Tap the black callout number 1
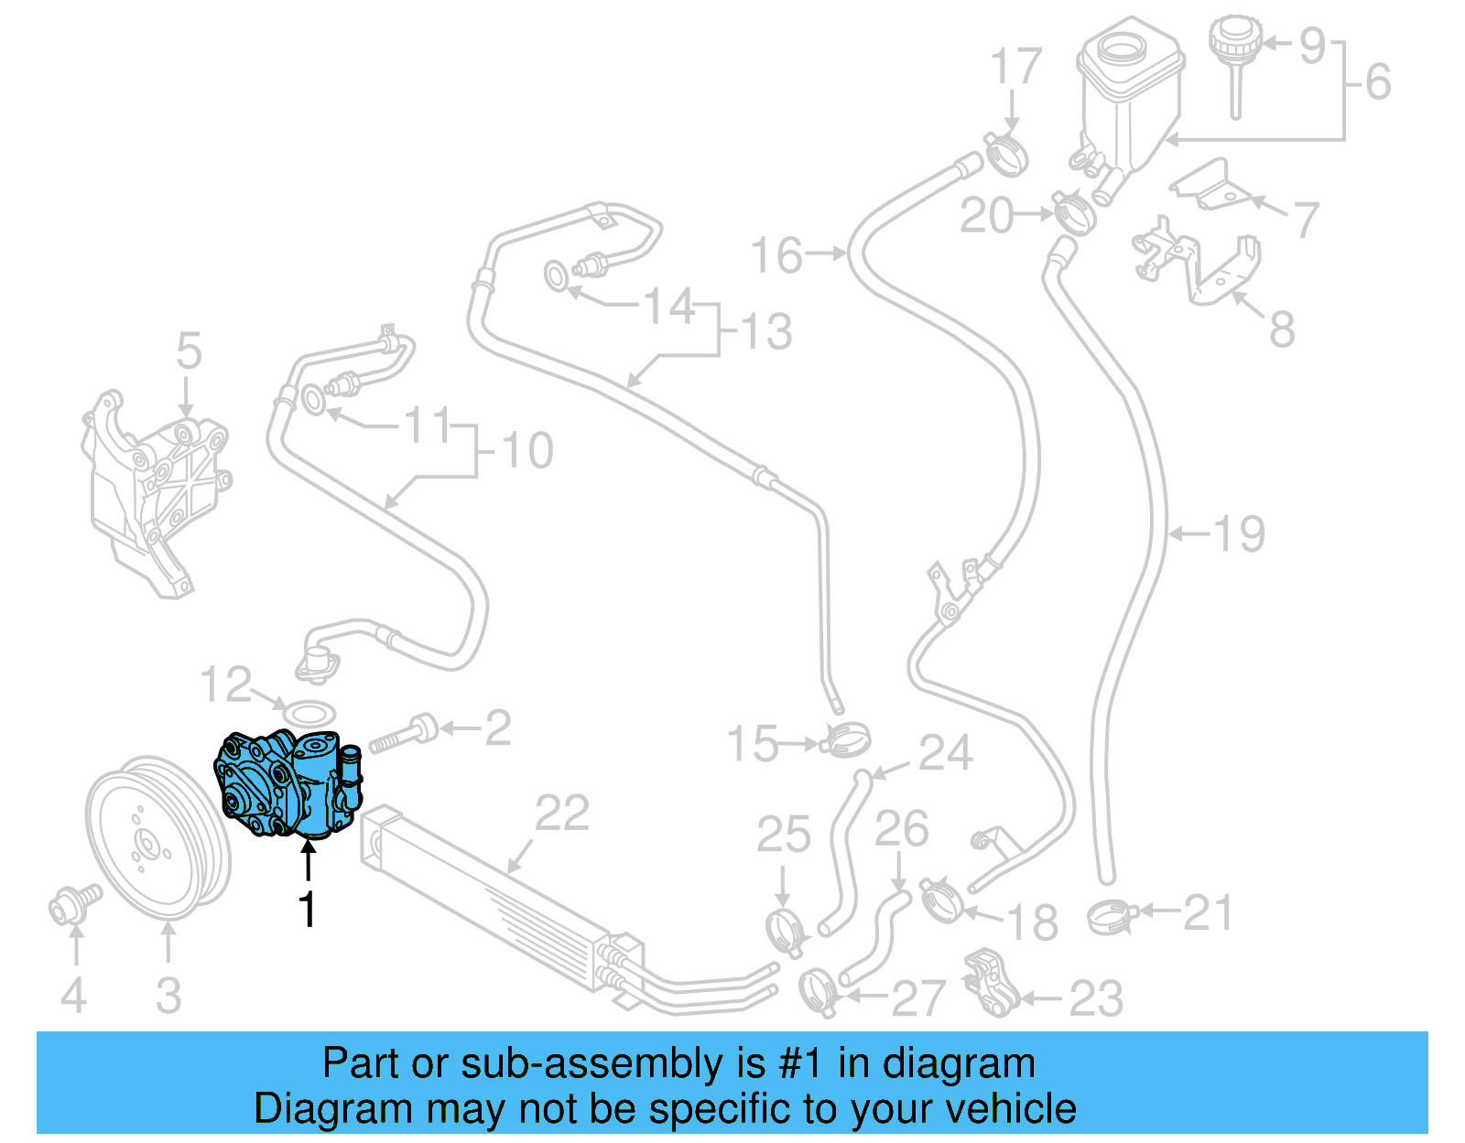(308, 910)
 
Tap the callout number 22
(562, 814)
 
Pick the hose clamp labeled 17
(1005, 154)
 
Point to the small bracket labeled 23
(989, 984)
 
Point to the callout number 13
(766, 331)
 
